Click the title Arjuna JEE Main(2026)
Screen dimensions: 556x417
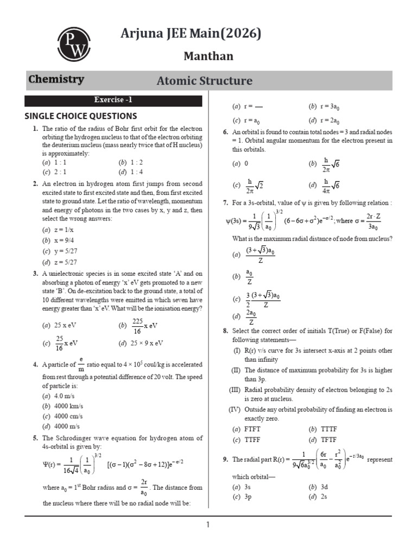tap(191, 34)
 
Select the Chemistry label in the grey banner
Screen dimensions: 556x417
tap(56, 79)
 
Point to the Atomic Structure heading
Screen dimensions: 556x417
tap(204, 81)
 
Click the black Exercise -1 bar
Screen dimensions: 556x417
tap(113, 100)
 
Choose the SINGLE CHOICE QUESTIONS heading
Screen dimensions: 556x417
tap(81, 116)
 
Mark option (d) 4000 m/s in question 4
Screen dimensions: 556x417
tap(61, 426)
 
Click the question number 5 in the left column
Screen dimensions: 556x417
tap(35, 438)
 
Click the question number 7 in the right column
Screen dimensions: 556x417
tap(225, 203)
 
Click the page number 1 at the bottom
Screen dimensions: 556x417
tap(207, 525)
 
